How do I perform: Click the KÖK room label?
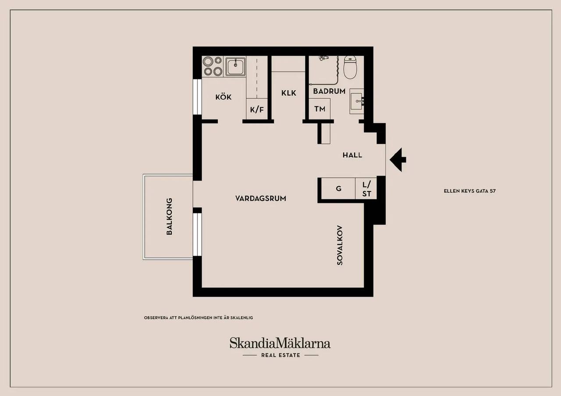click(224, 97)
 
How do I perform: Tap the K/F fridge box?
click(257, 109)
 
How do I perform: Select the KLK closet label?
click(288, 93)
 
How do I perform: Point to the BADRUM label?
click(329, 91)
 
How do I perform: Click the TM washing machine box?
click(320, 109)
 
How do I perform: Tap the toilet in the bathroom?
click(350, 67)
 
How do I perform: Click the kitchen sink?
click(235, 66)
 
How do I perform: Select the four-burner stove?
click(213, 66)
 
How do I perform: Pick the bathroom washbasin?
click(357, 101)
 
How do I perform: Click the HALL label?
click(352, 155)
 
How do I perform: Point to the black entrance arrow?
click(398, 160)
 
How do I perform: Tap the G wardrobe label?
click(339, 188)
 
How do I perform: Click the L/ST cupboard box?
click(366, 188)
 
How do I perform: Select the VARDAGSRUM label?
click(261, 198)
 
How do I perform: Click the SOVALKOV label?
click(340, 245)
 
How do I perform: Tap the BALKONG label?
click(169, 216)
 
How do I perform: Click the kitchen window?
click(197, 97)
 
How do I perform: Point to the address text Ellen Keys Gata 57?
click(469, 191)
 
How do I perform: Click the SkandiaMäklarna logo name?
click(280, 343)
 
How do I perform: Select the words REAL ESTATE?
click(280, 355)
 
